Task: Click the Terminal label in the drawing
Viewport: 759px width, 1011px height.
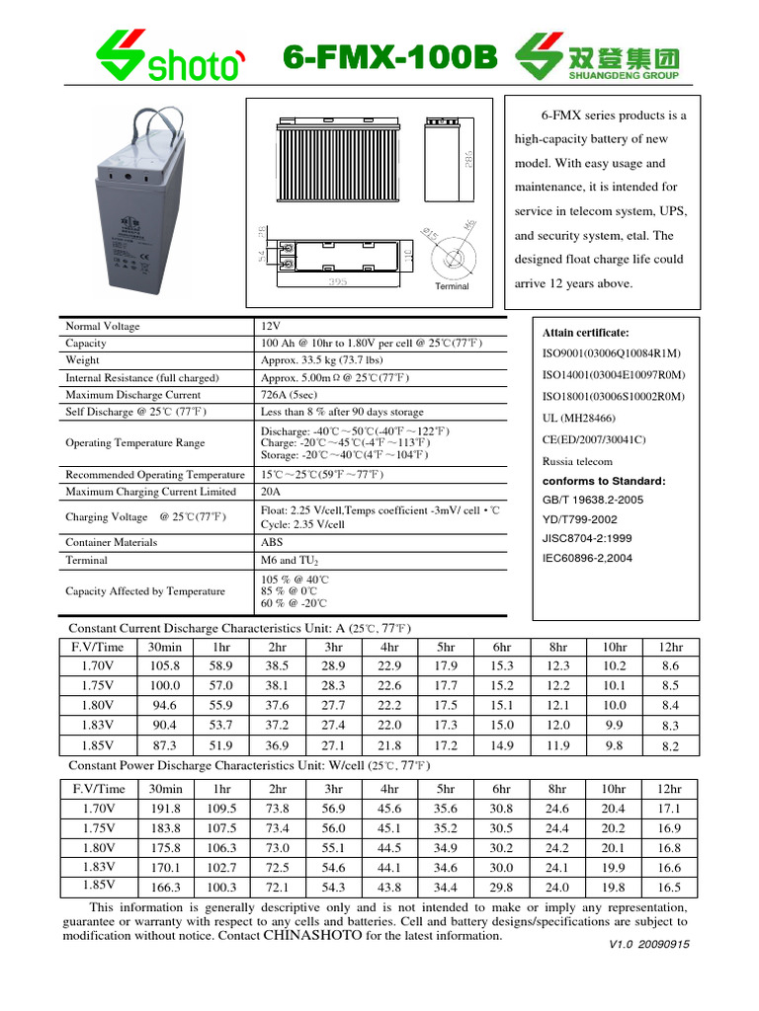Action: (452, 286)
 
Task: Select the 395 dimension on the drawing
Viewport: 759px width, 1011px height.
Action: (337, 282)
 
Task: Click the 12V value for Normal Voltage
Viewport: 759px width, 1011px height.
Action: (271, 327)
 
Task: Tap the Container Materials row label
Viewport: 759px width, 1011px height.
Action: (111, 542)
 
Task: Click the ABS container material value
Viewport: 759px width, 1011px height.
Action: (272, 542)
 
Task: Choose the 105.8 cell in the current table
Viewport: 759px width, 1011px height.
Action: (164, 666)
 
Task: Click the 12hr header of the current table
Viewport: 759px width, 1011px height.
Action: (670, 647)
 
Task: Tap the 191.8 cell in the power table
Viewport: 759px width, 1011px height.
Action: (164, 809)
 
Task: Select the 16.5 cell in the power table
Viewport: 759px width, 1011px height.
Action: (670, 888)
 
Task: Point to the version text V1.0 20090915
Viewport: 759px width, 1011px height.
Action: (649, 945)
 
